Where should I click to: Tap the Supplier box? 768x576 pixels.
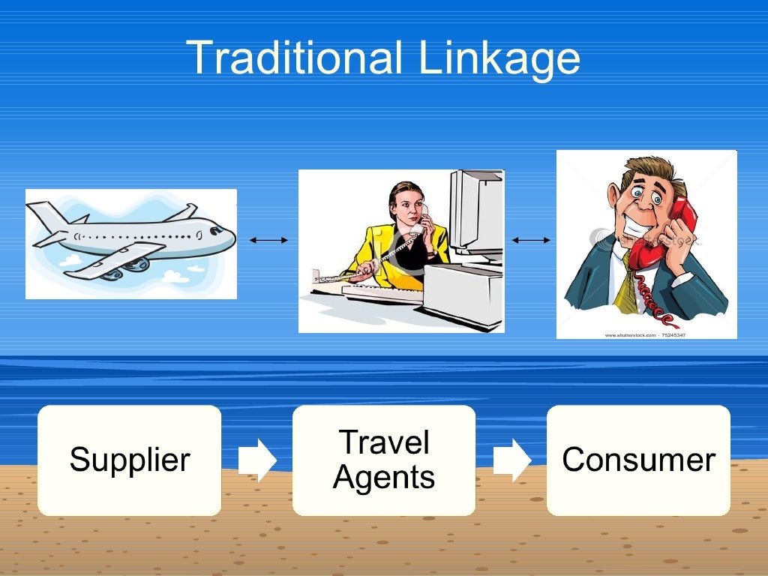point(130,460)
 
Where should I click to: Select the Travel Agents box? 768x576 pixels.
point(384,460)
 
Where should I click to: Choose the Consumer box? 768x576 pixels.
point(638,460)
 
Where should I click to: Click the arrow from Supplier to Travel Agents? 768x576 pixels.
point(257,460)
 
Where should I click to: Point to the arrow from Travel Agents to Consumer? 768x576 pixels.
point(511,460)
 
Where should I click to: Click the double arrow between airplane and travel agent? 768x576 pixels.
point(268,240)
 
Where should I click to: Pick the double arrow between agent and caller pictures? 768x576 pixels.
point(531,240)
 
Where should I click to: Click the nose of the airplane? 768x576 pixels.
point(228,238)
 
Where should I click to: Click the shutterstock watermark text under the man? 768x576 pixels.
point(645,334)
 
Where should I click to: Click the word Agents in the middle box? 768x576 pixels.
point(384,477)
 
